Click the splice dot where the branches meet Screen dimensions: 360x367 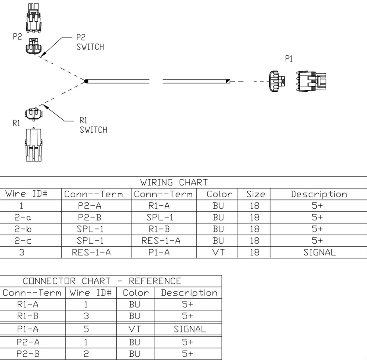[x=86, y=81]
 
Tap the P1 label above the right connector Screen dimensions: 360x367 [x=289, y=59]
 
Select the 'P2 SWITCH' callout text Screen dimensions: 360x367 [x=90, y=43]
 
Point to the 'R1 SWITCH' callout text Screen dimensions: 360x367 [x=93, y=125]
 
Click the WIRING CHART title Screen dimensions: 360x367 [x=174, y=182]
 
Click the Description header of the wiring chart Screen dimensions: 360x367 [x=319, y=194]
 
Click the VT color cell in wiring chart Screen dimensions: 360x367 [x=218, y=252]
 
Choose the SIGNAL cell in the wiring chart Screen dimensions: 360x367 [x=319, y=252]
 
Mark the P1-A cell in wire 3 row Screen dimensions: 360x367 [x=159, y=252]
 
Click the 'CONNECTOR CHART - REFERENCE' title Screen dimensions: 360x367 [x=102, y=281]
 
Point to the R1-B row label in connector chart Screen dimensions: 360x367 [x=27, y=316]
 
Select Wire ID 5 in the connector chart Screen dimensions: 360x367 [x=86, y=329]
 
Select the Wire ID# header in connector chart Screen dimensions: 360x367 [x=91, y=293]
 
